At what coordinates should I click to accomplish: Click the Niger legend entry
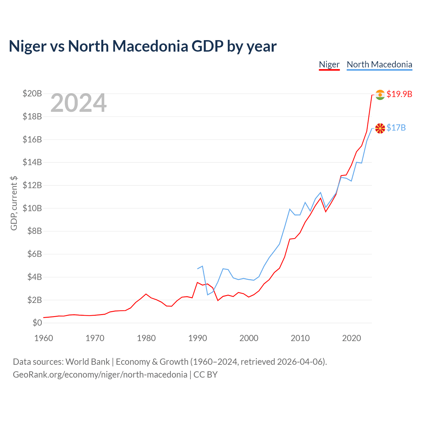click(x=329, y=65)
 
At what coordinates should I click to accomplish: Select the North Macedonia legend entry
click(x=380, y=65)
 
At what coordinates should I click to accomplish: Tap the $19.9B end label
click(x=399, y=94)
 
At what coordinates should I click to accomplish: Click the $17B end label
click(x=396, y=128)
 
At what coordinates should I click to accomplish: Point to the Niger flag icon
click(x=380, y=95)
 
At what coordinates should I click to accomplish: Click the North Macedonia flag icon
click(x=380, y=128)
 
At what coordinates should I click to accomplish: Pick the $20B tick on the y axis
click(x=32, y=93)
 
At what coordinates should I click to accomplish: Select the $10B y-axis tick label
click(x=32, y=208)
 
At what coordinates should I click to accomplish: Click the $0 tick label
click(x=37, y=323)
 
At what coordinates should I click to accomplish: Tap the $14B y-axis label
click(x=32, y=162)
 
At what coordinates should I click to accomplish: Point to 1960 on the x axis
click(x=44, y=338)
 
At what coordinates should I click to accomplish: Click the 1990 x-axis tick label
click(x=197, y=338)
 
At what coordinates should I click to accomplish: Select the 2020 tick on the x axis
click(x=351, y=338)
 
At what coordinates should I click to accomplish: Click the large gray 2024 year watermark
click(x=78, y=103)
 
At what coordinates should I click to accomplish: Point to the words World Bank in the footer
click(x=87, y=362)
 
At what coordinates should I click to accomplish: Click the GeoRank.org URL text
click(x=100, y=375)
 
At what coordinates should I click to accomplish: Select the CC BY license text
click(x=206, y=375)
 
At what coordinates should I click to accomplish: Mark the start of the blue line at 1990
click(x=197, y=269)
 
